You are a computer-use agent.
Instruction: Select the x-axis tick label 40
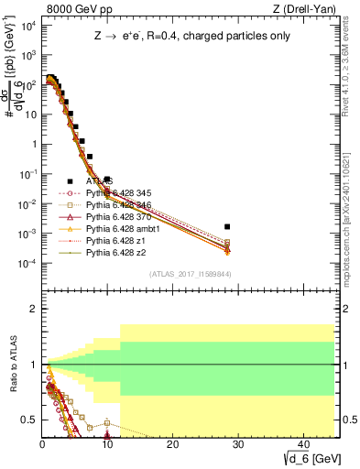tap(301, 442)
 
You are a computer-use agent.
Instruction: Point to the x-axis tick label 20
tap(171, 442)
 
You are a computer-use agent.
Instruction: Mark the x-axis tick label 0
tap(42, 442)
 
